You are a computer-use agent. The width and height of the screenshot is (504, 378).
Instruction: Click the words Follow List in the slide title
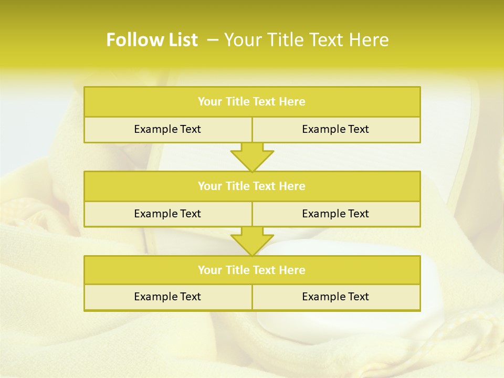click(152, 40)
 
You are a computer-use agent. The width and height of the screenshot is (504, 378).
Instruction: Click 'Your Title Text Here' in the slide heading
click(306, 40)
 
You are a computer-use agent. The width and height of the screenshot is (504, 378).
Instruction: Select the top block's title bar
click(252, 102)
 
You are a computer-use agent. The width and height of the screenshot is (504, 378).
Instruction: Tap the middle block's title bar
click(252, 186)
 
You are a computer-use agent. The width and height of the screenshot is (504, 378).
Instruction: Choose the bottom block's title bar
click(252, 270)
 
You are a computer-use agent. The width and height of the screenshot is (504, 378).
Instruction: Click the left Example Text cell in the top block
click(167, 129)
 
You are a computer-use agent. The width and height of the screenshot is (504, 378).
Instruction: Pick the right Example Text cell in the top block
click(335, 129)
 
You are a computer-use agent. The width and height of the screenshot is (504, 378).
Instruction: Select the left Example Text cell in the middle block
click(167, 214)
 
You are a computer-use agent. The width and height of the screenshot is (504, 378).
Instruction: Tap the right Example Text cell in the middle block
click(335, 214)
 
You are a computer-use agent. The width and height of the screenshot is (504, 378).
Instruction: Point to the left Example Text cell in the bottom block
click(167, 297)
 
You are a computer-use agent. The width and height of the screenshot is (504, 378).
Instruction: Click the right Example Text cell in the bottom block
click(335, 297)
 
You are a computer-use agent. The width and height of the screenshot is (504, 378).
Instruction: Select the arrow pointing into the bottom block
click(252, 241)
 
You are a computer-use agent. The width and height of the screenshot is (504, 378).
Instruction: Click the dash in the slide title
click(213, 40)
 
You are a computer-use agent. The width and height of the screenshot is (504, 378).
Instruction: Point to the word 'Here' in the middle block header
click(292, 186)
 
